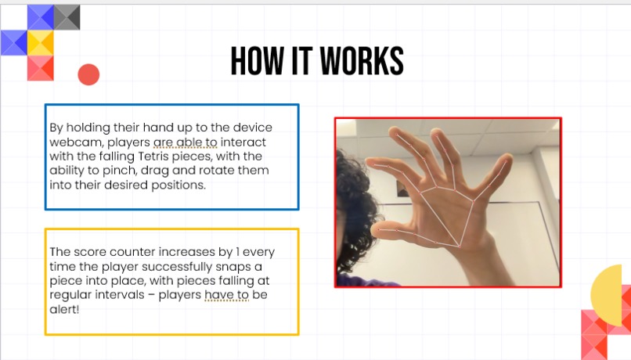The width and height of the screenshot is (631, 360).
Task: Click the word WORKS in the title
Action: click(x=362, y=61)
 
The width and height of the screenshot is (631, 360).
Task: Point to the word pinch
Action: click(x=120, y=171)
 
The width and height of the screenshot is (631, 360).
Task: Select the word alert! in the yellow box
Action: click(x=64, y=309)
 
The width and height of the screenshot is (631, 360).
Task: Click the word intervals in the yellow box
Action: click(x=121, y=295)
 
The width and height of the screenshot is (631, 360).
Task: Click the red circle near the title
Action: click(x=88, y=74)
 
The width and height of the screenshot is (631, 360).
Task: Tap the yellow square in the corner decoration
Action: click(x=40, y=42)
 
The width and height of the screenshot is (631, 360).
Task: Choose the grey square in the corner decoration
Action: click(x=67, y=17)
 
